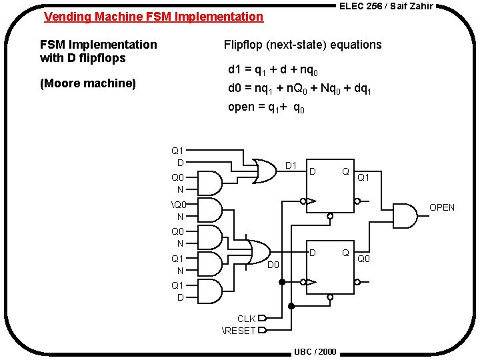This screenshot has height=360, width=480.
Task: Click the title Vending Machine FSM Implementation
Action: coord(153,17)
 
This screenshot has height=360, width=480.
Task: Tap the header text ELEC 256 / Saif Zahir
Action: coord(386,6)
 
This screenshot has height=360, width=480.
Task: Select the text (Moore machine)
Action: coord(87,83)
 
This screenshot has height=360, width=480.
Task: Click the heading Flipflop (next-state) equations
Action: coord(303,45)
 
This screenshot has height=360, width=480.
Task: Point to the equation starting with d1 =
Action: coord(273,69)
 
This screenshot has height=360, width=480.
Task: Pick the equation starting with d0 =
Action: coord(299,88)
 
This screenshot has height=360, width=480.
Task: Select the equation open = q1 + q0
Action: coord(267,107)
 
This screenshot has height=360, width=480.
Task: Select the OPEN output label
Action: coord(441,207)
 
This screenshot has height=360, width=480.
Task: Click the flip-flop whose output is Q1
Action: coord(329,186)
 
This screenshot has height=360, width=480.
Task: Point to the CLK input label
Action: coord(246,319)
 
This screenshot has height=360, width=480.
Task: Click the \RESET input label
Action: coord(238,330)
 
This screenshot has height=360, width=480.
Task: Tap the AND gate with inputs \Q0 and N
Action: coord(211,210)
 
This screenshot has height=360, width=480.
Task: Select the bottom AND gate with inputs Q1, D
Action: coord(211,291)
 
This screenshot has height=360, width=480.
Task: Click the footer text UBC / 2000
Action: coord(315,351)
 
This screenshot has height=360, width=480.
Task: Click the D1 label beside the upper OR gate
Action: coord(291,165)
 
